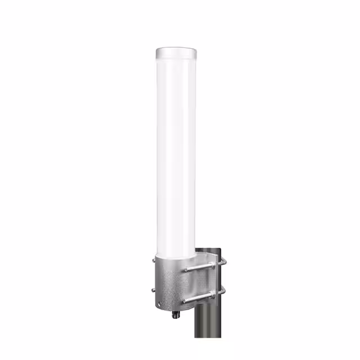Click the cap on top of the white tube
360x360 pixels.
176,54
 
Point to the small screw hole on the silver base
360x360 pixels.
163,302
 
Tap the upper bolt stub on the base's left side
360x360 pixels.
154,260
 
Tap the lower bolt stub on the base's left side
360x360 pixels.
154,290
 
